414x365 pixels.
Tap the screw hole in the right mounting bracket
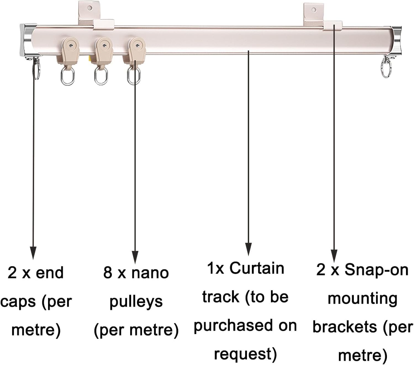[x=314, y=10]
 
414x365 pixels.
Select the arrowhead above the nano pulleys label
[x=135, y=257]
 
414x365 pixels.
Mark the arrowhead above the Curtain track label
[x=248, y=249]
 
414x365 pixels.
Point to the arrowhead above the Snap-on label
[x=334, y=256]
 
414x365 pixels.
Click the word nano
[x=150, y=273]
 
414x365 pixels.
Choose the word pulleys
[x=136, y=302]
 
